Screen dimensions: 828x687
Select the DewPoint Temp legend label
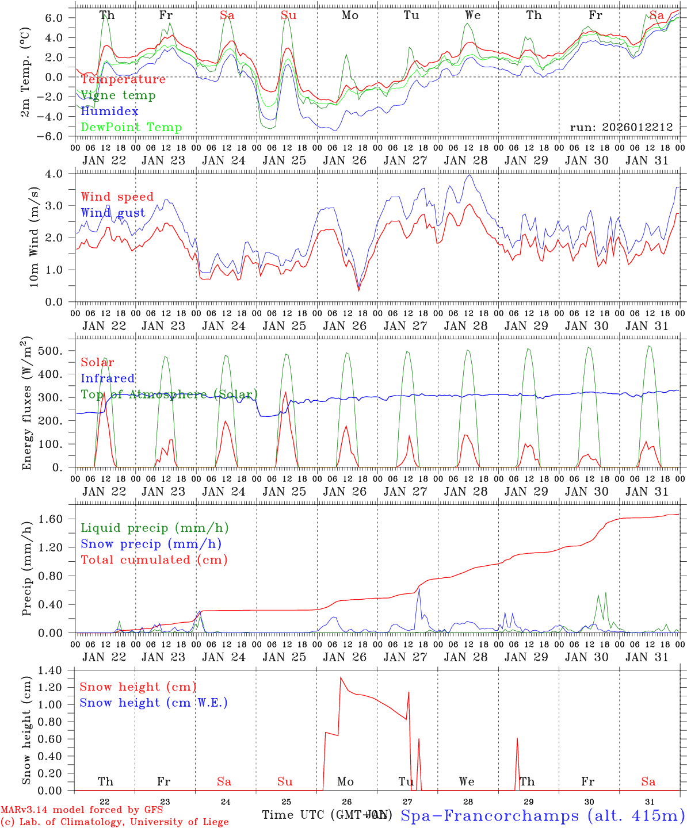pyautogui.click(x=131, y=128)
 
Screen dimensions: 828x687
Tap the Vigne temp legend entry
pyautogui.click(x=118, y=95)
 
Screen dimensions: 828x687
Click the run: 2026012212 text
pyautogui.click(x=621, y=128)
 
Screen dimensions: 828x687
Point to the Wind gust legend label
pyautogui.click(x=113, y=213)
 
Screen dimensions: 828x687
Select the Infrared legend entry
pyautogui.click(x=108, y=378)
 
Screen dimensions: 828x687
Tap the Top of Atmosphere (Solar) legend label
pyautogui.click(x=169, y=394)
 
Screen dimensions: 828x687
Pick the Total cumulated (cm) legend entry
pyautogui.click(x=154, y=559)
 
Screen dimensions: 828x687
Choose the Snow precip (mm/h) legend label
pyautogui.click(x=151, y=544)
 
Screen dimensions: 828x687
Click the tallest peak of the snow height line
pyautogui.click(x=341, y=678)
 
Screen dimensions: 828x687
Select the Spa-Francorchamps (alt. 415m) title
pyautogui.click(x=542, y=815)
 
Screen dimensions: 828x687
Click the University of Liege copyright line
pyautogui.click(x=114, y=822)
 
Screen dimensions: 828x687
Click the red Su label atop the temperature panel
pyautogui.click(x=289, y=16)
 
